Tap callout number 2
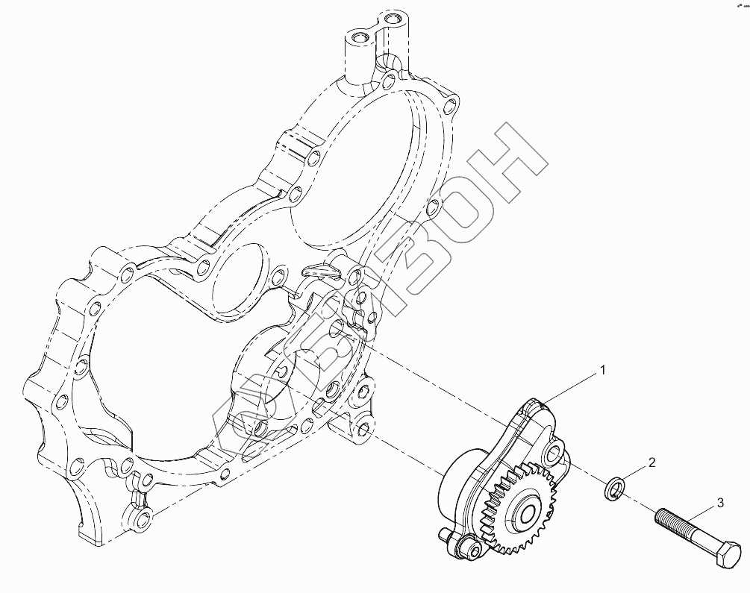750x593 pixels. [651, 463]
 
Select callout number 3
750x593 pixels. [719, 503]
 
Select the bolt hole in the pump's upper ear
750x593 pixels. [553, 451]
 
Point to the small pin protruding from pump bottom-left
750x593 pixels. [445, 533]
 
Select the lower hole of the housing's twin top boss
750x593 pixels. [360, 37]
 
